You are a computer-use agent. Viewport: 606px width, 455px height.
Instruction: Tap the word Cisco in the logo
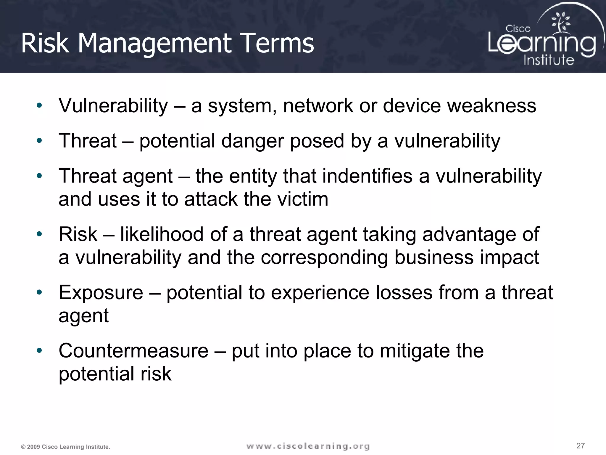click(x=518, y=29)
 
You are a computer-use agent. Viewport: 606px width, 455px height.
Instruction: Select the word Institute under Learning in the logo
click(x=549, y=60)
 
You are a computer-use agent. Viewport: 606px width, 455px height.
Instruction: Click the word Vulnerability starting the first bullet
click(x=113, y=106)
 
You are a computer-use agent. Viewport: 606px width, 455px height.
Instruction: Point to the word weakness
click(x=491, y=106)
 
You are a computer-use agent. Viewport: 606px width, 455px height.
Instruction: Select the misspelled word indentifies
click(x=367, y=176)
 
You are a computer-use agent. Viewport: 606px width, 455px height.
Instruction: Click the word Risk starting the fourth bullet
click(x=78, y=234)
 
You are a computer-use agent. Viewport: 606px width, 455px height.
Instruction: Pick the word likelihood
click(x=162, y=234)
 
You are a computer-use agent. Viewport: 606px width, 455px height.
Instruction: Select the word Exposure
click(x=101, y=293)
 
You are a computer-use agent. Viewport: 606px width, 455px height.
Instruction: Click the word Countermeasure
click(x=133, y=351)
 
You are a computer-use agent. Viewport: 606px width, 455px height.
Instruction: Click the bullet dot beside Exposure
click(x=39, y=293)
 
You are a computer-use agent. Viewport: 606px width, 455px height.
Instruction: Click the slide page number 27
click(x=580, y=446)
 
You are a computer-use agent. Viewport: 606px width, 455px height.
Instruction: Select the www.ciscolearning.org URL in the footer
click(x=308, y=446)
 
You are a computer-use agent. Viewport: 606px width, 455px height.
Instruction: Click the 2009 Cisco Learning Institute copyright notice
click(x=66, y=447)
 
